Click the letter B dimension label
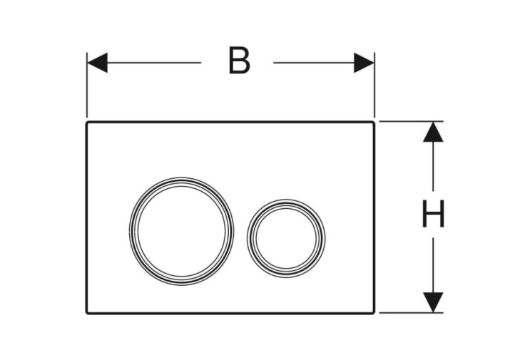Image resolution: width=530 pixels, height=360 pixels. (239, 60)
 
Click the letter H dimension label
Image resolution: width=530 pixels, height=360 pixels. (433, 214)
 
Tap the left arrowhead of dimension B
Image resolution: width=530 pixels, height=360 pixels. (97, 63)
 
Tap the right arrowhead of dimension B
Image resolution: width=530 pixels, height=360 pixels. (364, 63)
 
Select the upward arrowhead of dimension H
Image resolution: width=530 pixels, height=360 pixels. (433, 132)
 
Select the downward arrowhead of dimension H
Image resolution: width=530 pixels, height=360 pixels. (433, 302)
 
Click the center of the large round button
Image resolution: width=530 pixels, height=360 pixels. (181, 231)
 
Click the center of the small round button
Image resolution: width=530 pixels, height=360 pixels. (286, 238)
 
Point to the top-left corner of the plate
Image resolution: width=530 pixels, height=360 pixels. (86, 122)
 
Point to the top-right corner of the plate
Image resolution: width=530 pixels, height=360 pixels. (374, 122)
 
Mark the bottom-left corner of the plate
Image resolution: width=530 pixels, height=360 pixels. (86, 314)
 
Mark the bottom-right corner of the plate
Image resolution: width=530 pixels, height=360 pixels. (374, 314)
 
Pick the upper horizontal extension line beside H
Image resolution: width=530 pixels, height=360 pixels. (411, 121)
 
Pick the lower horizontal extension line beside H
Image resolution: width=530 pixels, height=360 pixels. (411, 313)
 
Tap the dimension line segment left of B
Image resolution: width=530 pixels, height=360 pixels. (154, 63)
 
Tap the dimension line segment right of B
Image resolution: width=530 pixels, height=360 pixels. (314, 63)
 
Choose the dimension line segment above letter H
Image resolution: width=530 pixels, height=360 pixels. (433, 166)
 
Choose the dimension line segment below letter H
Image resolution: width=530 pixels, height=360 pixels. (433, 265)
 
